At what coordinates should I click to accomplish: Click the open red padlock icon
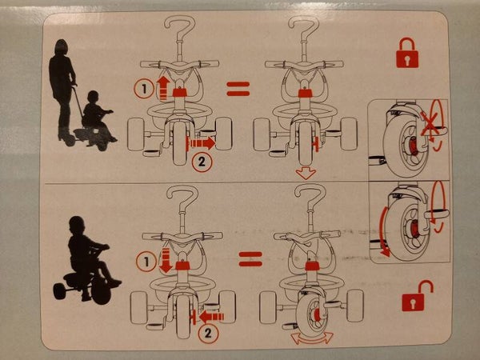point(416,296)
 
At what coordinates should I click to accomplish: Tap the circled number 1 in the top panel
point(144,89)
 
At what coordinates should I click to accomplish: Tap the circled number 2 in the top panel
point(202,162)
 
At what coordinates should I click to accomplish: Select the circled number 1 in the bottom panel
point(146,262)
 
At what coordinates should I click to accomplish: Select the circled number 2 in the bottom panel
point(208,333)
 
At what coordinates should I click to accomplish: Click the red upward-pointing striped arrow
point(163,88)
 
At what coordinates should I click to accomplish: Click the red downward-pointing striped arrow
point(166,260)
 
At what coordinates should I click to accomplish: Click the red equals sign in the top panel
point(238,89)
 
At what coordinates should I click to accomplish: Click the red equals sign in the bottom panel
point(250,259)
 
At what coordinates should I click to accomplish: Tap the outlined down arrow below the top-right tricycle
point(306,173)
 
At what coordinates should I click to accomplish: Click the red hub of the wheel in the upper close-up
point(413,146)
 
